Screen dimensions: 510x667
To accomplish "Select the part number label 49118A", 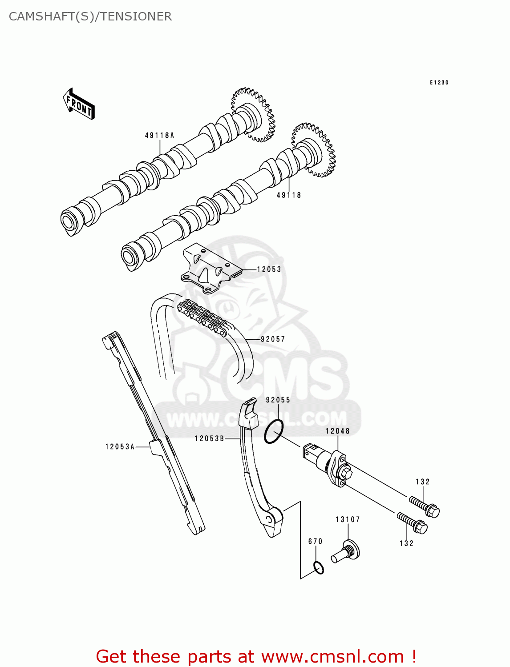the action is coord(159,135).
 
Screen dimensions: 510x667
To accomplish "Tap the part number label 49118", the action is coord(289,195).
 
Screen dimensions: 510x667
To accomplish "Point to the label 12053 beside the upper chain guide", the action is coord(269,269).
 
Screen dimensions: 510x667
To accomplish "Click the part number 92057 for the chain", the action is coord(273,339).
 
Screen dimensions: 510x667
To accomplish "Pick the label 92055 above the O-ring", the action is coord(278,400).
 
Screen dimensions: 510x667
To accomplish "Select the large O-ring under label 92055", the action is coord(273,431).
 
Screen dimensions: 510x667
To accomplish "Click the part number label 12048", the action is coord(338,431).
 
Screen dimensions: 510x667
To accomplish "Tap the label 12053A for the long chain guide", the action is coord(120,446).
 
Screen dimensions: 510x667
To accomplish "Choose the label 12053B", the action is coord(209,438).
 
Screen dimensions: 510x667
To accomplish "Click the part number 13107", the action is coord(348,519).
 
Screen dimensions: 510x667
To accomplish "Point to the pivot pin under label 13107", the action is coord(346,551).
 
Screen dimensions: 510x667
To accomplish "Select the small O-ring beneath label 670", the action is coord(318,568).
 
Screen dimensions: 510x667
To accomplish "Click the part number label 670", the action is coord(316,541).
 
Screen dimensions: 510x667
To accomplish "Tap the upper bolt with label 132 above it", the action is coord(425,506).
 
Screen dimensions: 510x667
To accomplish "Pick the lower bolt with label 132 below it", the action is coord(413,524).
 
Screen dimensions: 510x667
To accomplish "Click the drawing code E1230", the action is coord(439,82).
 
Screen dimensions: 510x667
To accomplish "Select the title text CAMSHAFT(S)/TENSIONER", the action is coord(90,16).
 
